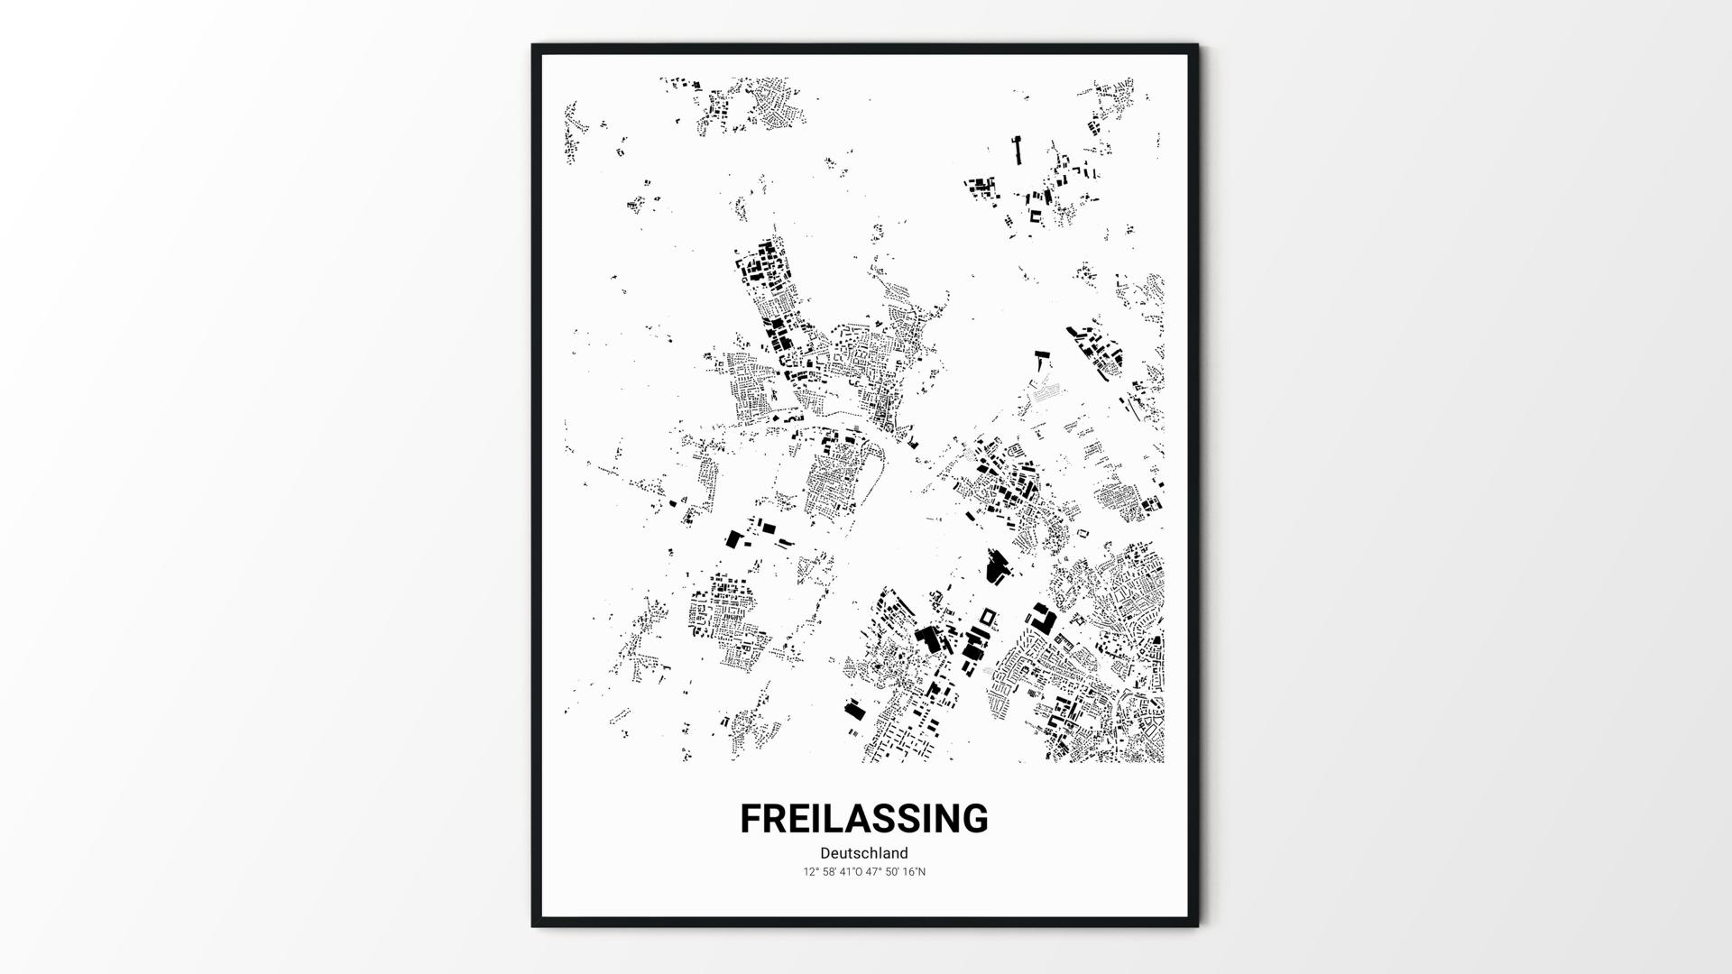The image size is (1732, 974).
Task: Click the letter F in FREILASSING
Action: tap(752, 819)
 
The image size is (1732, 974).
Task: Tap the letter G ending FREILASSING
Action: tap(972, 819)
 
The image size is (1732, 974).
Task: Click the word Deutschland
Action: tap(864, 853)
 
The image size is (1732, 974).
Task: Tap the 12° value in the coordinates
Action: tap(810, 872)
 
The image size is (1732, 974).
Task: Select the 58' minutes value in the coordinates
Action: tap(828, 872)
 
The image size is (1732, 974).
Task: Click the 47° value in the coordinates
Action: tap(872, 872)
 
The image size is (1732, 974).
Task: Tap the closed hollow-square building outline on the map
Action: tap(988, 616)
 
